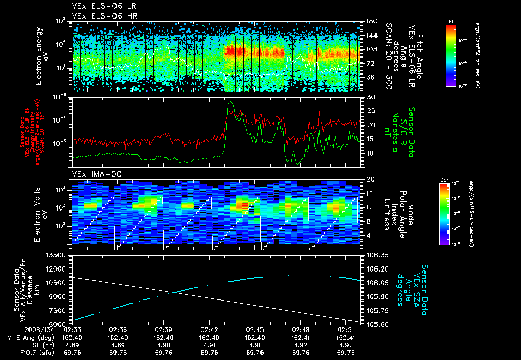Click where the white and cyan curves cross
[x=175, y=292]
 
